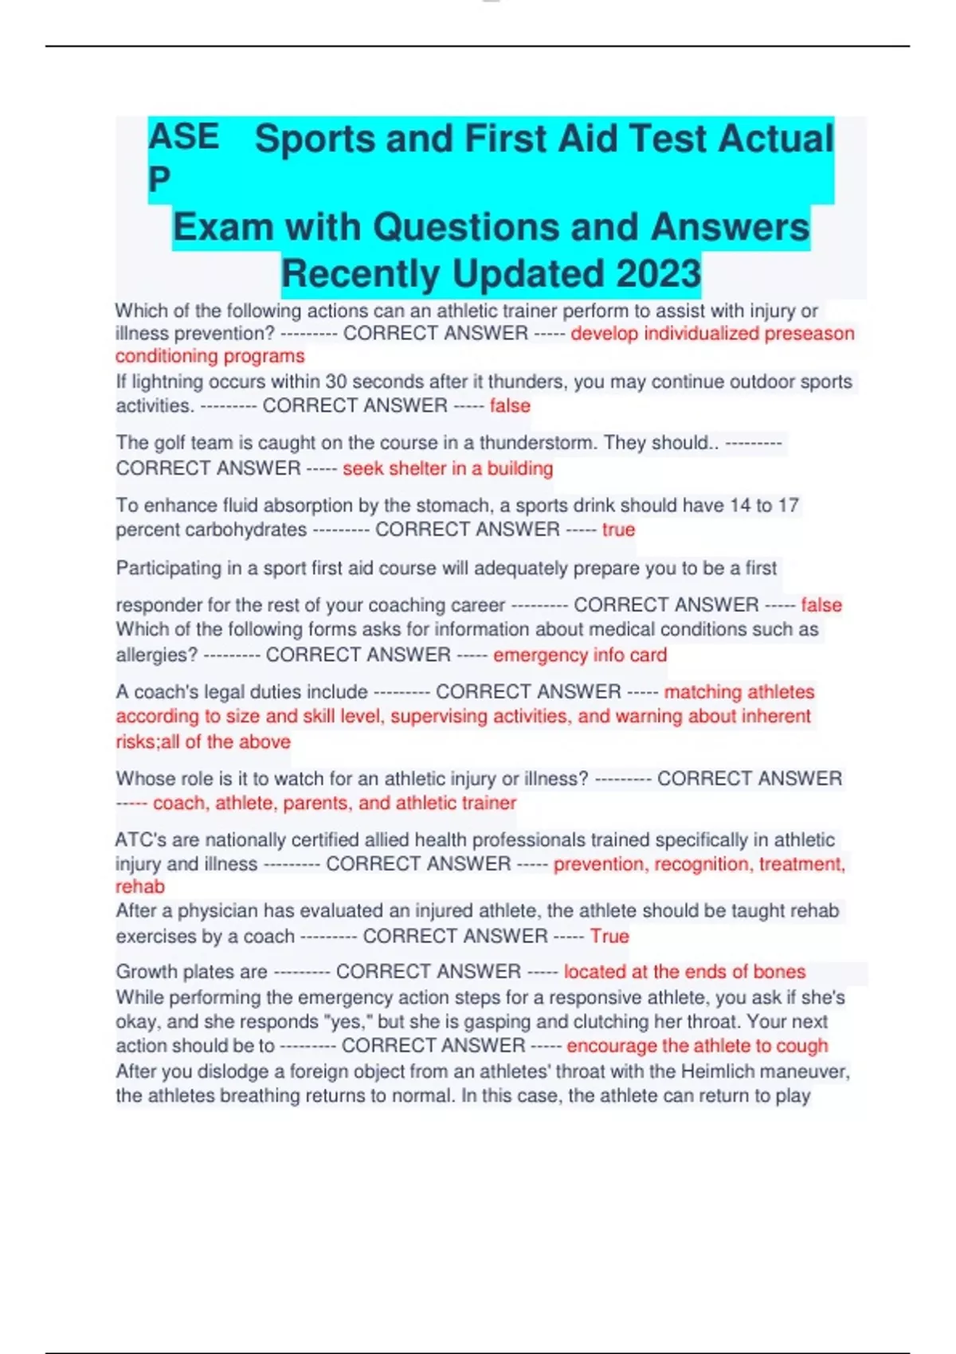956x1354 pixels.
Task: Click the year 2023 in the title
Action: tap(658, 273)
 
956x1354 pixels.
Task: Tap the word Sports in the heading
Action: tap(315, 139)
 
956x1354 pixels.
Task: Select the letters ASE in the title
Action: tap(183, 137)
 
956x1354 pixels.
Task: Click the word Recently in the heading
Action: tap(361, 273)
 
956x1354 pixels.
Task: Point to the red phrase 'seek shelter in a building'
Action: tap(448, 468)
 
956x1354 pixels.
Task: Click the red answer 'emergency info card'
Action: tap(580, 655)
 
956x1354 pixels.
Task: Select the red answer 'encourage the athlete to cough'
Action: tap(697, 1045)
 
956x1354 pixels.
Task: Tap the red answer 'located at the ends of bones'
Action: tap(684, 972)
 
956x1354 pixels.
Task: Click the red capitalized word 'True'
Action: tap(609, 936)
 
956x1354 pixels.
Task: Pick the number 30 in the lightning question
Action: tap(335, 382)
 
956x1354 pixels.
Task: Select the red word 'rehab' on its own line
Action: tap(140, 886)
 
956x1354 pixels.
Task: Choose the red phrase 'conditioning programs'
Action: tap(210, 356)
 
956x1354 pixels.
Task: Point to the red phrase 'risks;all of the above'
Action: tap(203, 742)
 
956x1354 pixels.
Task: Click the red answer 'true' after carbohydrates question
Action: tap(618, 530)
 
